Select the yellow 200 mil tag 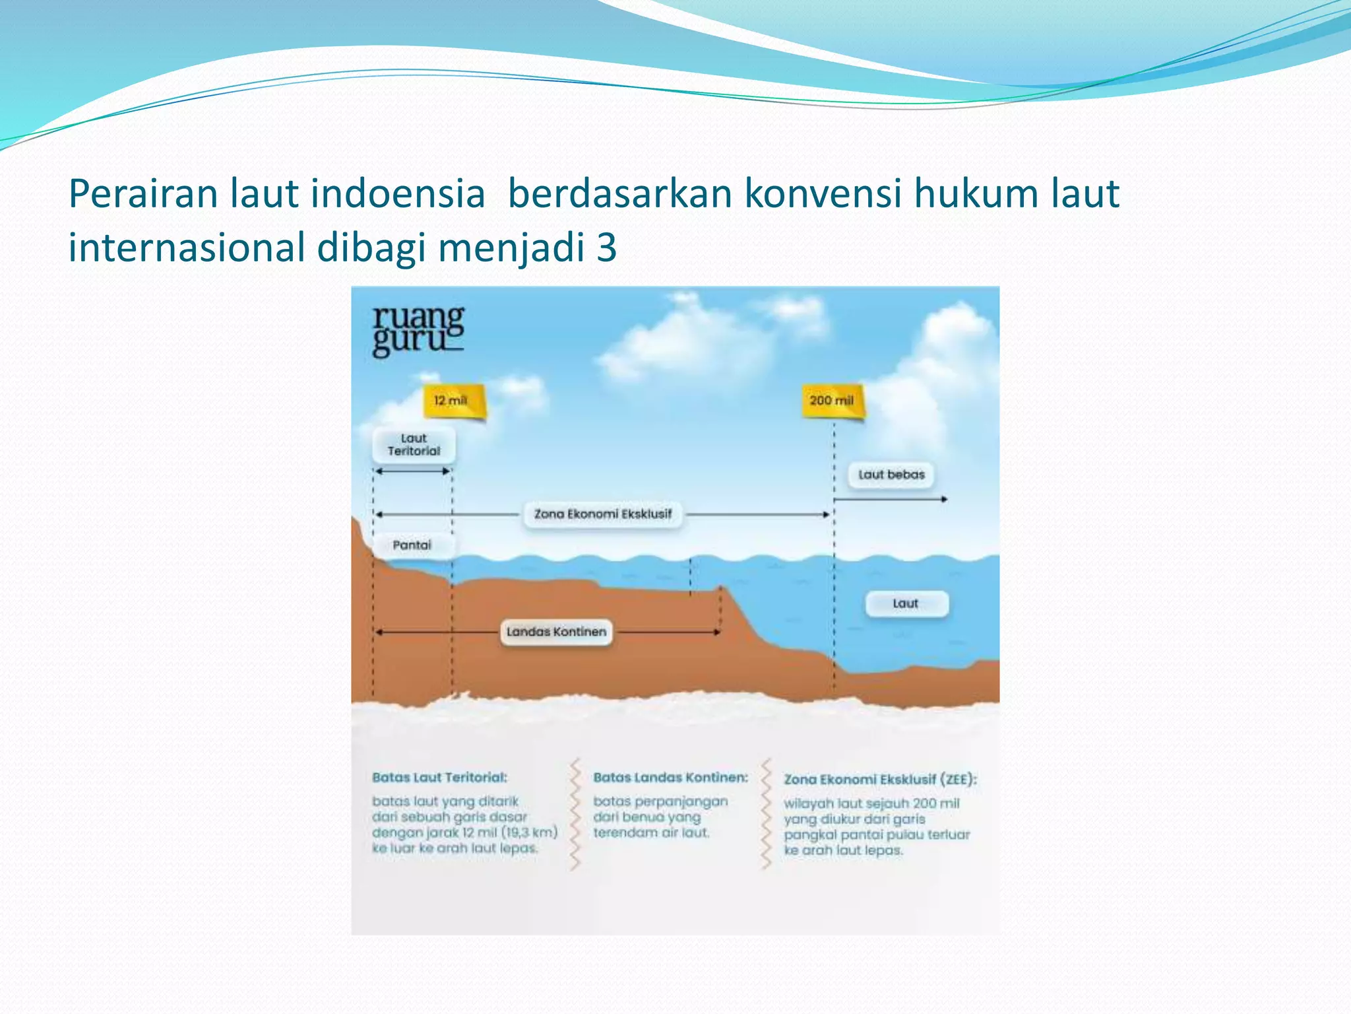(x=832, y=401)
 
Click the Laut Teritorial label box (x=414, y=445)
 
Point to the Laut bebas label (x=891, y=475)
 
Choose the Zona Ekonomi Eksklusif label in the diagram (x=603, y=514)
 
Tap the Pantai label (x=412, y=545)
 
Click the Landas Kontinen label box (x=556, y=632)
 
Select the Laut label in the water (x=906, y=603)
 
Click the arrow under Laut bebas (x=891, y=500)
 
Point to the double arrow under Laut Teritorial (x=412, y=471)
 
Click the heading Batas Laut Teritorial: (x=440, y=778)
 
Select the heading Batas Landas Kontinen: (x=670, y=778)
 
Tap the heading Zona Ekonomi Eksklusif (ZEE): (x=880, y=780)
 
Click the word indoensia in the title (x=398, y=194)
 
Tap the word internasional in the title (x=187, y=248)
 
